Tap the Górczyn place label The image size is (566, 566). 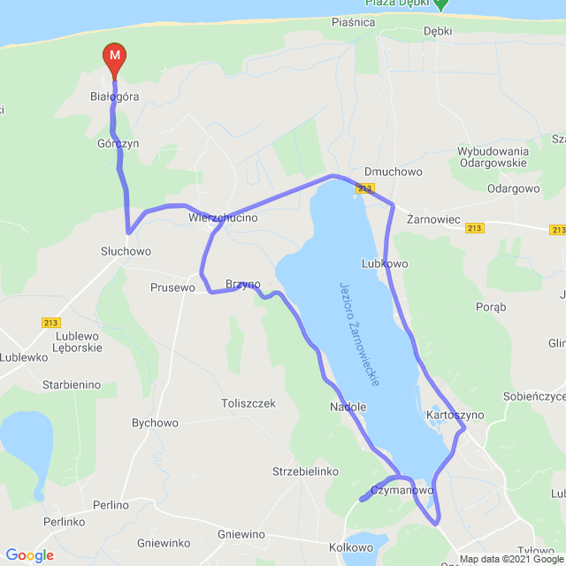pos(119,142)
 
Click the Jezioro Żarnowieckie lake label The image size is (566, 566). pos(360,333)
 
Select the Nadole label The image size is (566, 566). pos(348,407)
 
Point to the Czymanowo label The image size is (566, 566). pos(402,489)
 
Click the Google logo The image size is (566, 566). pos(29,555)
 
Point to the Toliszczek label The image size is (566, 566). pos(248,403)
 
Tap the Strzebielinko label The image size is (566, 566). pos(306,471)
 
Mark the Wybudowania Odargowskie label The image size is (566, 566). pos(493,157)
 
